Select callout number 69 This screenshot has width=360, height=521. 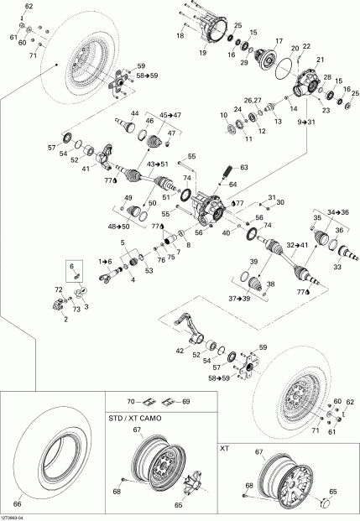[x=185, y=402]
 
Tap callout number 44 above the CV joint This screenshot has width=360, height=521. [x=134, y=113]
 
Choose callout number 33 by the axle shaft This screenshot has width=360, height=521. [x=337, y=268]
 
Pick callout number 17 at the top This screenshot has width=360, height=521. [x=279, y=40]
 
